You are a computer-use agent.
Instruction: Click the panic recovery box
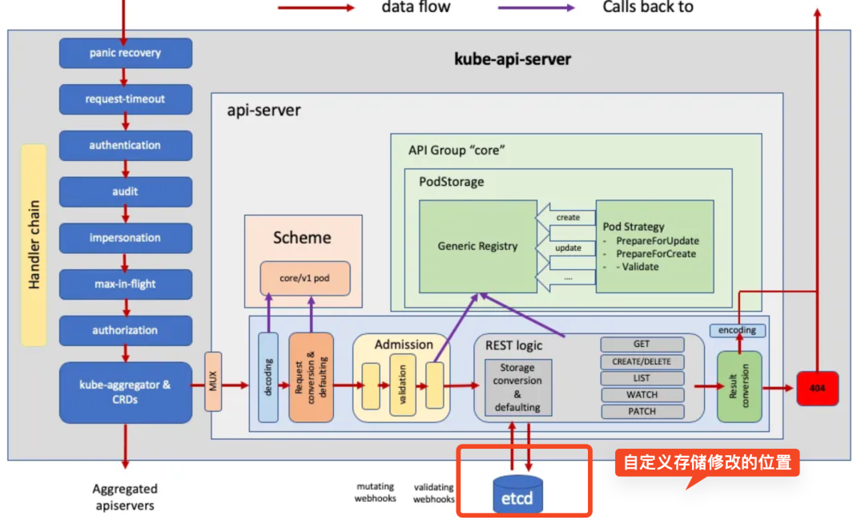[126, 53]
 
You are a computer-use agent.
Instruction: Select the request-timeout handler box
[126, 99]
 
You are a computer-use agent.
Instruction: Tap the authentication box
[126, 146]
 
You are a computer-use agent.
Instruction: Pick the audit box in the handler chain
[126, 192]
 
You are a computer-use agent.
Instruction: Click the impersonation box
[126, 238]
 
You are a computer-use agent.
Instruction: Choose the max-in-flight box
[126, 284]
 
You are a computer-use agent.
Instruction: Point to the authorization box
[126, 331]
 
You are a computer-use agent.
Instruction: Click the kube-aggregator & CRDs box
[126, 393]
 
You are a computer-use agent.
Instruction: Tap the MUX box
[213, 381]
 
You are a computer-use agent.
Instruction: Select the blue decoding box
[268, 377]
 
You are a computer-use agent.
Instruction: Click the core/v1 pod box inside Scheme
[305, 278]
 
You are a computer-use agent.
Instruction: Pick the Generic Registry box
[477, 246]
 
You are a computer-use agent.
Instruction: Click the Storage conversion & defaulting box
[518, 388]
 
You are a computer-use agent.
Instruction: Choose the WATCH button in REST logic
[642, 395]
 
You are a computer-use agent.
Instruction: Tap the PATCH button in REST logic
[642, 411]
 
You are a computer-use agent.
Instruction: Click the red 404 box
[818, 389]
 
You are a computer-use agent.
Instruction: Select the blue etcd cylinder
[517, 494]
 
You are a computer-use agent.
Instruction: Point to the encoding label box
[738, 330]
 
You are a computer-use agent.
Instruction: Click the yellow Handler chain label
[34, 245]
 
